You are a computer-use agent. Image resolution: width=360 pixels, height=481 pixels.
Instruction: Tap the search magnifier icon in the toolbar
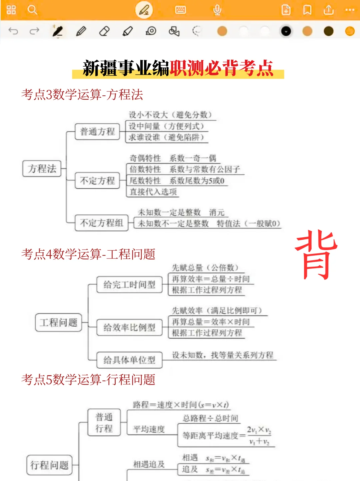[x=32, y=10]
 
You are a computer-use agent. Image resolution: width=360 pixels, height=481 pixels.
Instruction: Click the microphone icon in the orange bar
[x=217, y=10]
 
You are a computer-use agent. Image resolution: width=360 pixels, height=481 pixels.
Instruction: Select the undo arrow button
[x=13, y=31]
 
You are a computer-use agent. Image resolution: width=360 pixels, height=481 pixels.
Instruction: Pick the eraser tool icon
[x=104, y=31]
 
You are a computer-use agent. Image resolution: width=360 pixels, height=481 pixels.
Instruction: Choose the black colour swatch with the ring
[x=286, y=31]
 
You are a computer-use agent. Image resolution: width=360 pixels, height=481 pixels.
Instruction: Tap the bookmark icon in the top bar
[x=307, y=10]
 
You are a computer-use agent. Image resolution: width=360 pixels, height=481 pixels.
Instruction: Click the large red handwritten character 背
[x=316, y=255]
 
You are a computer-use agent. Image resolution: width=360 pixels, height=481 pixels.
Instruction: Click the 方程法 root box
[x=42, y=168]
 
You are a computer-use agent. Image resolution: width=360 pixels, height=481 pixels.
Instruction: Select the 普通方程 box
[x=97, y=131]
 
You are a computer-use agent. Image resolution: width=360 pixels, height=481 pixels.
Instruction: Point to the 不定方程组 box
[x=101, y=223]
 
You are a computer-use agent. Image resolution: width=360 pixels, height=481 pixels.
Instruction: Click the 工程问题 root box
[x=58, y=322]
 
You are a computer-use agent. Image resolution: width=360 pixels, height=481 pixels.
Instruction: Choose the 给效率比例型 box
[x=129, y=327]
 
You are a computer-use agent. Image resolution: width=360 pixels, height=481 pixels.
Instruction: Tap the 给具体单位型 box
[x=129, y=360]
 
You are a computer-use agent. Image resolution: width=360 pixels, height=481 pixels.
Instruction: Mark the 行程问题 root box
[x=49, y=465]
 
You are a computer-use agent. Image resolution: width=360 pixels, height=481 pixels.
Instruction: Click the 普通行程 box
[x=104, y=422]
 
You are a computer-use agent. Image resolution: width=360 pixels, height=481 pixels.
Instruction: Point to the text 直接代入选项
[x=153, y=192]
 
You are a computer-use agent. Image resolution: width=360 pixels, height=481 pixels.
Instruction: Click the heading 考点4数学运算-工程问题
[x=88, y=254]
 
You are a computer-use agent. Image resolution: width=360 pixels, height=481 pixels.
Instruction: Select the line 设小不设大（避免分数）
[x=170, y=115]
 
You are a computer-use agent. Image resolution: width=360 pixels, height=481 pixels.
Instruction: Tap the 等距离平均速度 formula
[x=227, y=435]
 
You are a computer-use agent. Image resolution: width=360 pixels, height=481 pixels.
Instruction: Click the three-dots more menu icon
[x=350, y=10]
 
